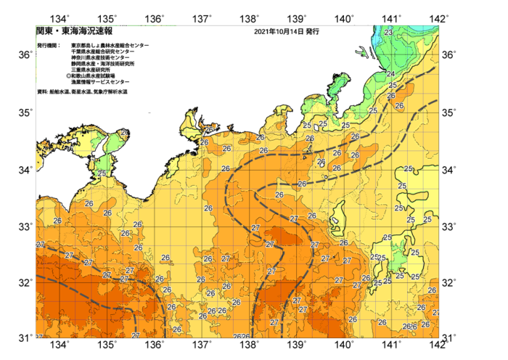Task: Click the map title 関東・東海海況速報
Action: (74, 32)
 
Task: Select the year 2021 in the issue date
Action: (265, 32)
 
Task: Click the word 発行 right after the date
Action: (312, 32)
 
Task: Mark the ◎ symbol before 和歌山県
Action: (69, 75)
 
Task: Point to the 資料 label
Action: (41, 92)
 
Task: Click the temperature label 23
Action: (389, 33)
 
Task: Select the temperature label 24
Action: (390, 74)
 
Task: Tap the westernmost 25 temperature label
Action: (102, 173)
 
